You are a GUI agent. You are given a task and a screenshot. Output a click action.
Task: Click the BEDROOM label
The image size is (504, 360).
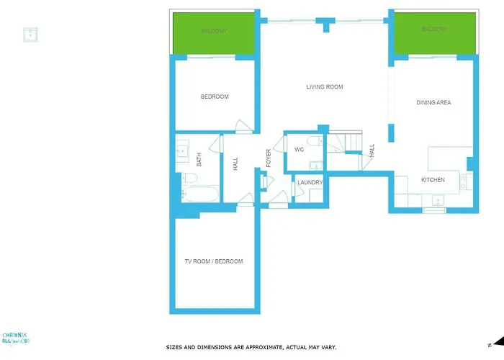point(215,96)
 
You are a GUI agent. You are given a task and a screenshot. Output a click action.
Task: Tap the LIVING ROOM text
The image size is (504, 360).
point(325,87)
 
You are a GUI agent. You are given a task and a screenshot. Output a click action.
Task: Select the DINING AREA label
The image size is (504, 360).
point(433,103)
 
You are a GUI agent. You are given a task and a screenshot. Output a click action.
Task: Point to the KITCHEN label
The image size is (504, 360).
point(433,180)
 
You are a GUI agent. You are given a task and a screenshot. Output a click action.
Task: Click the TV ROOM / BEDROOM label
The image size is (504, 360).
point(214,261)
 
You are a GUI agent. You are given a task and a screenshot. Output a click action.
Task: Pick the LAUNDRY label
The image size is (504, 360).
point(310,183)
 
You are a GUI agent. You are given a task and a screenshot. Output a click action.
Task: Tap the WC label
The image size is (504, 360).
point(299,150)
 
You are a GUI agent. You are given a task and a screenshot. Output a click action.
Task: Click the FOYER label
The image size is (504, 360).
point(269,158)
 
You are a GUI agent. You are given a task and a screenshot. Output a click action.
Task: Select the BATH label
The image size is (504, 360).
point(199,159)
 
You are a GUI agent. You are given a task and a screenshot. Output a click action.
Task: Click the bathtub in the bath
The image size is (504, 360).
point(199,194)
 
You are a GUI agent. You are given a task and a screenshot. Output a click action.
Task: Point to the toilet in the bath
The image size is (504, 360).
point(189,177)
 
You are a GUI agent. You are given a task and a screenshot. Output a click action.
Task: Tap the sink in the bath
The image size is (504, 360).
point(181,152)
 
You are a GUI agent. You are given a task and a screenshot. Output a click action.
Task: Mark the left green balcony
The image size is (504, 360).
point(213,32)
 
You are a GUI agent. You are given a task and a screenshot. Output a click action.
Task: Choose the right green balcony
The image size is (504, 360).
point(434,31)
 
